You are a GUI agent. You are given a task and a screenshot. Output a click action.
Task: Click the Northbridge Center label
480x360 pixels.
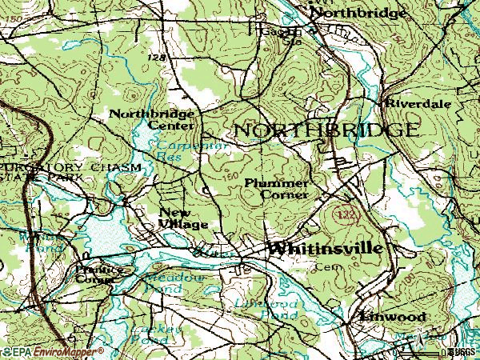[x=151, y=120]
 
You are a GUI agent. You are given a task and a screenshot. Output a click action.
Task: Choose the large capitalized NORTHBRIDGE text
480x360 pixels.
[x=325, y=130]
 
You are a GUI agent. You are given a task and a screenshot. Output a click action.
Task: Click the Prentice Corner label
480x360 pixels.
[x=99, y=275]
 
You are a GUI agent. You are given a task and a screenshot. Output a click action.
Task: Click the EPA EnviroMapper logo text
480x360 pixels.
[x=52, y=351]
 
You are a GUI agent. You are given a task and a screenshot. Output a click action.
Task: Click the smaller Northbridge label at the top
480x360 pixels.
[x=351, y=13]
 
